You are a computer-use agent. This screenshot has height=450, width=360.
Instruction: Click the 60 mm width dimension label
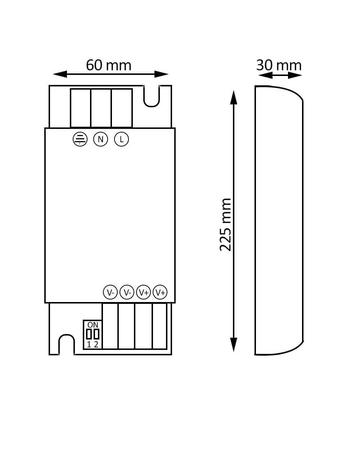tap(109, 65)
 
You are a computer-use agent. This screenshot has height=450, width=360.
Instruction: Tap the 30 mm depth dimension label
tap(279, 65)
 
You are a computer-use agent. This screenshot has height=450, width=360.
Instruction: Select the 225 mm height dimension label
tap(225, 225)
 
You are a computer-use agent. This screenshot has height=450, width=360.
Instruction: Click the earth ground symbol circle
tap(80, 139)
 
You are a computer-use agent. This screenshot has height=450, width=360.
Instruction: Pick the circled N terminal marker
tap(100, 139)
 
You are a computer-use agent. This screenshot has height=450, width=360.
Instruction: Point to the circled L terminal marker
tap(121, 139)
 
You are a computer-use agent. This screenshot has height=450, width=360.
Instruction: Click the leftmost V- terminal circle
tap(110, 292)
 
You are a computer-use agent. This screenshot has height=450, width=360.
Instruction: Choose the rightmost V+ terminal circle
tap(160, 292)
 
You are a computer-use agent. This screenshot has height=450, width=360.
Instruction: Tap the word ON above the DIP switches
tap(93, 325)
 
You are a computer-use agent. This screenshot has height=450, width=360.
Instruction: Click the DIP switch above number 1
tap(89, 334)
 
